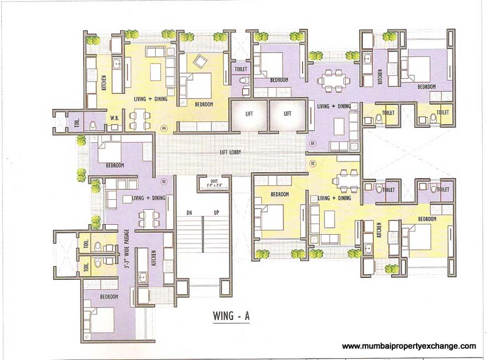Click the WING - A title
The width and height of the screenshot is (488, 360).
coord(229,317)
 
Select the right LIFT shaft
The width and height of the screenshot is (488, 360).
coord(287,114)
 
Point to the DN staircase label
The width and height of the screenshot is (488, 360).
coord(188,213)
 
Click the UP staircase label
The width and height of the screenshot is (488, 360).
coord(216,213)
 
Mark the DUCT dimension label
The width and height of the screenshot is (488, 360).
coord(207,183)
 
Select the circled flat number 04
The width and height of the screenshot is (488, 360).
coord(165,128)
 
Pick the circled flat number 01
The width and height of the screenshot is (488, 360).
coord(312,143)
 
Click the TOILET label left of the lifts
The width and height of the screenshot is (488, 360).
coord(240,69)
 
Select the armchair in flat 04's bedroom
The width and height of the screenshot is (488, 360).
coord(200,61)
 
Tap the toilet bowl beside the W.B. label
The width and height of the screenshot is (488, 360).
coord(92,125)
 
